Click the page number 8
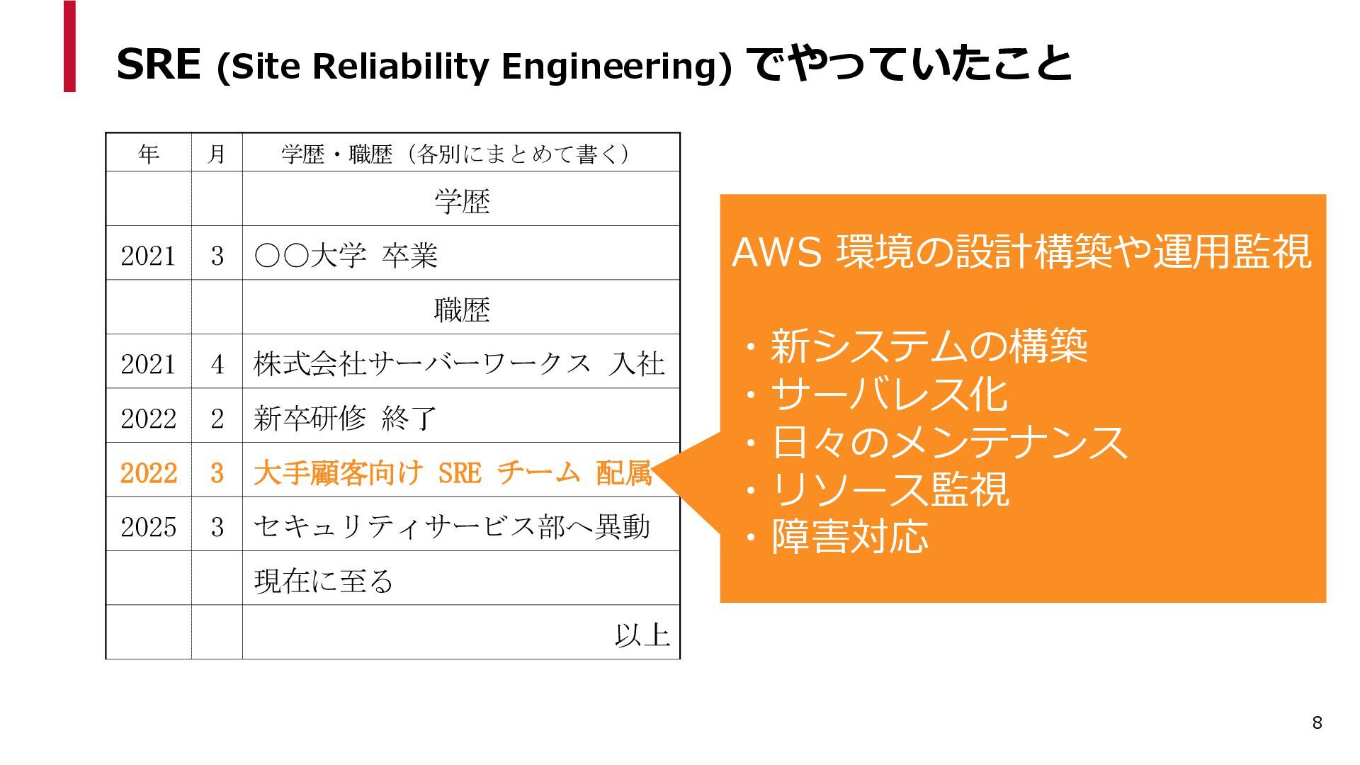pos(1317,722)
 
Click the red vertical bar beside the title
pos(69,47)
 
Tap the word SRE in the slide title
pos(159,64)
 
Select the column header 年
pos(149,153)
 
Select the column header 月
pos(217,153)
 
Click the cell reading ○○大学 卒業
pos(346,255)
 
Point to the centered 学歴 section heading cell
pos(462,201)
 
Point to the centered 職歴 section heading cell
pos(462,310)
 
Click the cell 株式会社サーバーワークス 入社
pos(459,363)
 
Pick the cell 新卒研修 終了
pos(346,418)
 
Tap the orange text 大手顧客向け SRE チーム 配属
pos(452,472)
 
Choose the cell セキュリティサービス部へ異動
pos(452,526)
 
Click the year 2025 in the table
pos(148,526)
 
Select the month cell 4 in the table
pos(217,364)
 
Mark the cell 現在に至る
pos(323,581)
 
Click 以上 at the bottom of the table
pos(642,635)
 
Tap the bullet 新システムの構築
pos(928,346)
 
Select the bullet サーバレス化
pos(889,395)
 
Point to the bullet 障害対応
pos(849,537)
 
